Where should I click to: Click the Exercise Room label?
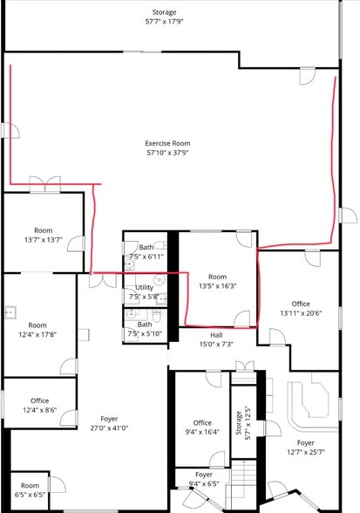[x=167, y=143]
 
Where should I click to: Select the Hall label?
[x=216, y=335]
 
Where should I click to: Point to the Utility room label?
[x=144, y=287]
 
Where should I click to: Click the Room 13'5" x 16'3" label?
[x=217, y=281]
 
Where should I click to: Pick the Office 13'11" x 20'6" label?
[x=301, y=309]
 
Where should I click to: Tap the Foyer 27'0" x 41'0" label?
[x=109, y=423]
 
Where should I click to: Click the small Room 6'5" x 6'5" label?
[x=30, y=490]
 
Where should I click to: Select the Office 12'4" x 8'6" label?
[x=39, y=406]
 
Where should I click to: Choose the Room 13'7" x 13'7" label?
[x=44, y=235]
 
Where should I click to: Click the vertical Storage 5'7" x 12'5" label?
[x=243, y=422]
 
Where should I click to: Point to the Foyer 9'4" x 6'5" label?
[x=204, y=479]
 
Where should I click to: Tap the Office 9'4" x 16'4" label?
[x=202, y=427]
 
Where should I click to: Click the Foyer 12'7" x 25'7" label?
[x=305, y=448]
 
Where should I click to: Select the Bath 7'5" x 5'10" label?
[x=145, y=329]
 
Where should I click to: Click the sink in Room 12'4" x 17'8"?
[x=10, y=312]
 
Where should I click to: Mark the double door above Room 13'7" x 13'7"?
[x=45, y=185]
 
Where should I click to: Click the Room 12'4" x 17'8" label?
[x=37, y=330]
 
